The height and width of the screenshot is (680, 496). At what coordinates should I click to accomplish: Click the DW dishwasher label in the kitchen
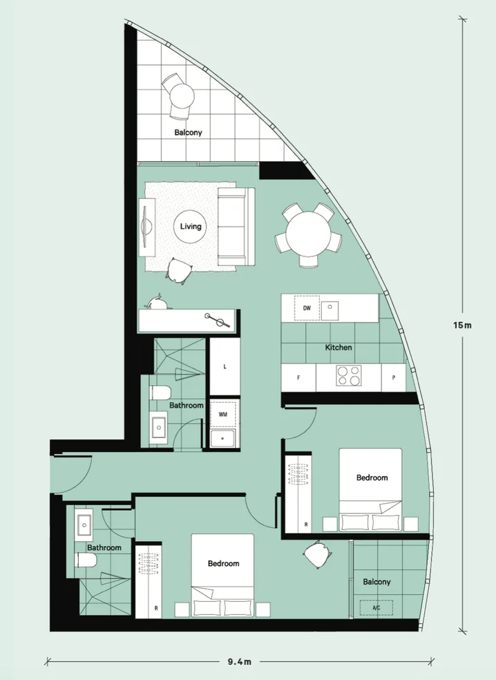coord(307,308)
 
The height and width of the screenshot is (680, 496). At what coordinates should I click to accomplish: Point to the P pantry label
coord(393,378)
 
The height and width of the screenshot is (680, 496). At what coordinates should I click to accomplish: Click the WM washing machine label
coord(222,415)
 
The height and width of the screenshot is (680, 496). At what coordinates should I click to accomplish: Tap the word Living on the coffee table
coord(191,226)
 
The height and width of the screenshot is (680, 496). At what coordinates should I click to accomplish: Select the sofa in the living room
coord(236,226)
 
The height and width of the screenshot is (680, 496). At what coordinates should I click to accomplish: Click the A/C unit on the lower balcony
coord(376,609)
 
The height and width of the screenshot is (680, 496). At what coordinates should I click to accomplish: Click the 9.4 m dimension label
coord(239,661)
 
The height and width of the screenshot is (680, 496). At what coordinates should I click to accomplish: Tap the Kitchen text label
coord(338,348)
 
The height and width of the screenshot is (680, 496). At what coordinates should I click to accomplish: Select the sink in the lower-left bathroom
coord(85,526)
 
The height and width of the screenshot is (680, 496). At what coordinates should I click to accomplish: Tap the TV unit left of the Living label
coord(146,226)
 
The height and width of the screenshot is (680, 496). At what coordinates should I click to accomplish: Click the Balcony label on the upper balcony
coord(188,132)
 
